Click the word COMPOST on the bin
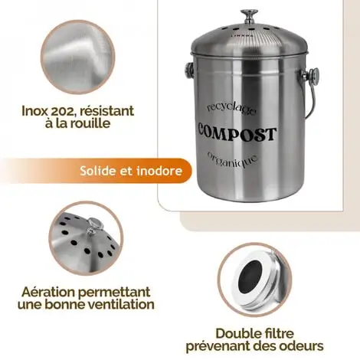236,135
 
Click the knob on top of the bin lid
249,15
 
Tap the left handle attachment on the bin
185,73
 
